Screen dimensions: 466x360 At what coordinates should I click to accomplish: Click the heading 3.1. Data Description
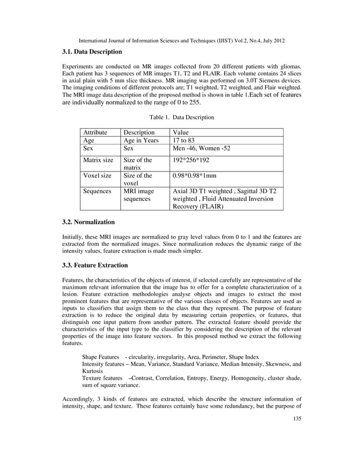[x=92, y=52]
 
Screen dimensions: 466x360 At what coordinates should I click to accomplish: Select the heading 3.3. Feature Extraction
[x=95, y=265]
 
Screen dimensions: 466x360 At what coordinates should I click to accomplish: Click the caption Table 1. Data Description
[x=181, y=117]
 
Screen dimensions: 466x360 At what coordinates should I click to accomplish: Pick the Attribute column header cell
[x=95, y=133]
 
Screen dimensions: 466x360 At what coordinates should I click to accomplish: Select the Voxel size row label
[x=97, y=175]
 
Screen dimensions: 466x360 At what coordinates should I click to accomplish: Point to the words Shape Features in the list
[x=100, y=357]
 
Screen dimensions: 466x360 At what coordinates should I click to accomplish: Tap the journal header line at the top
[x=180, y=40]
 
